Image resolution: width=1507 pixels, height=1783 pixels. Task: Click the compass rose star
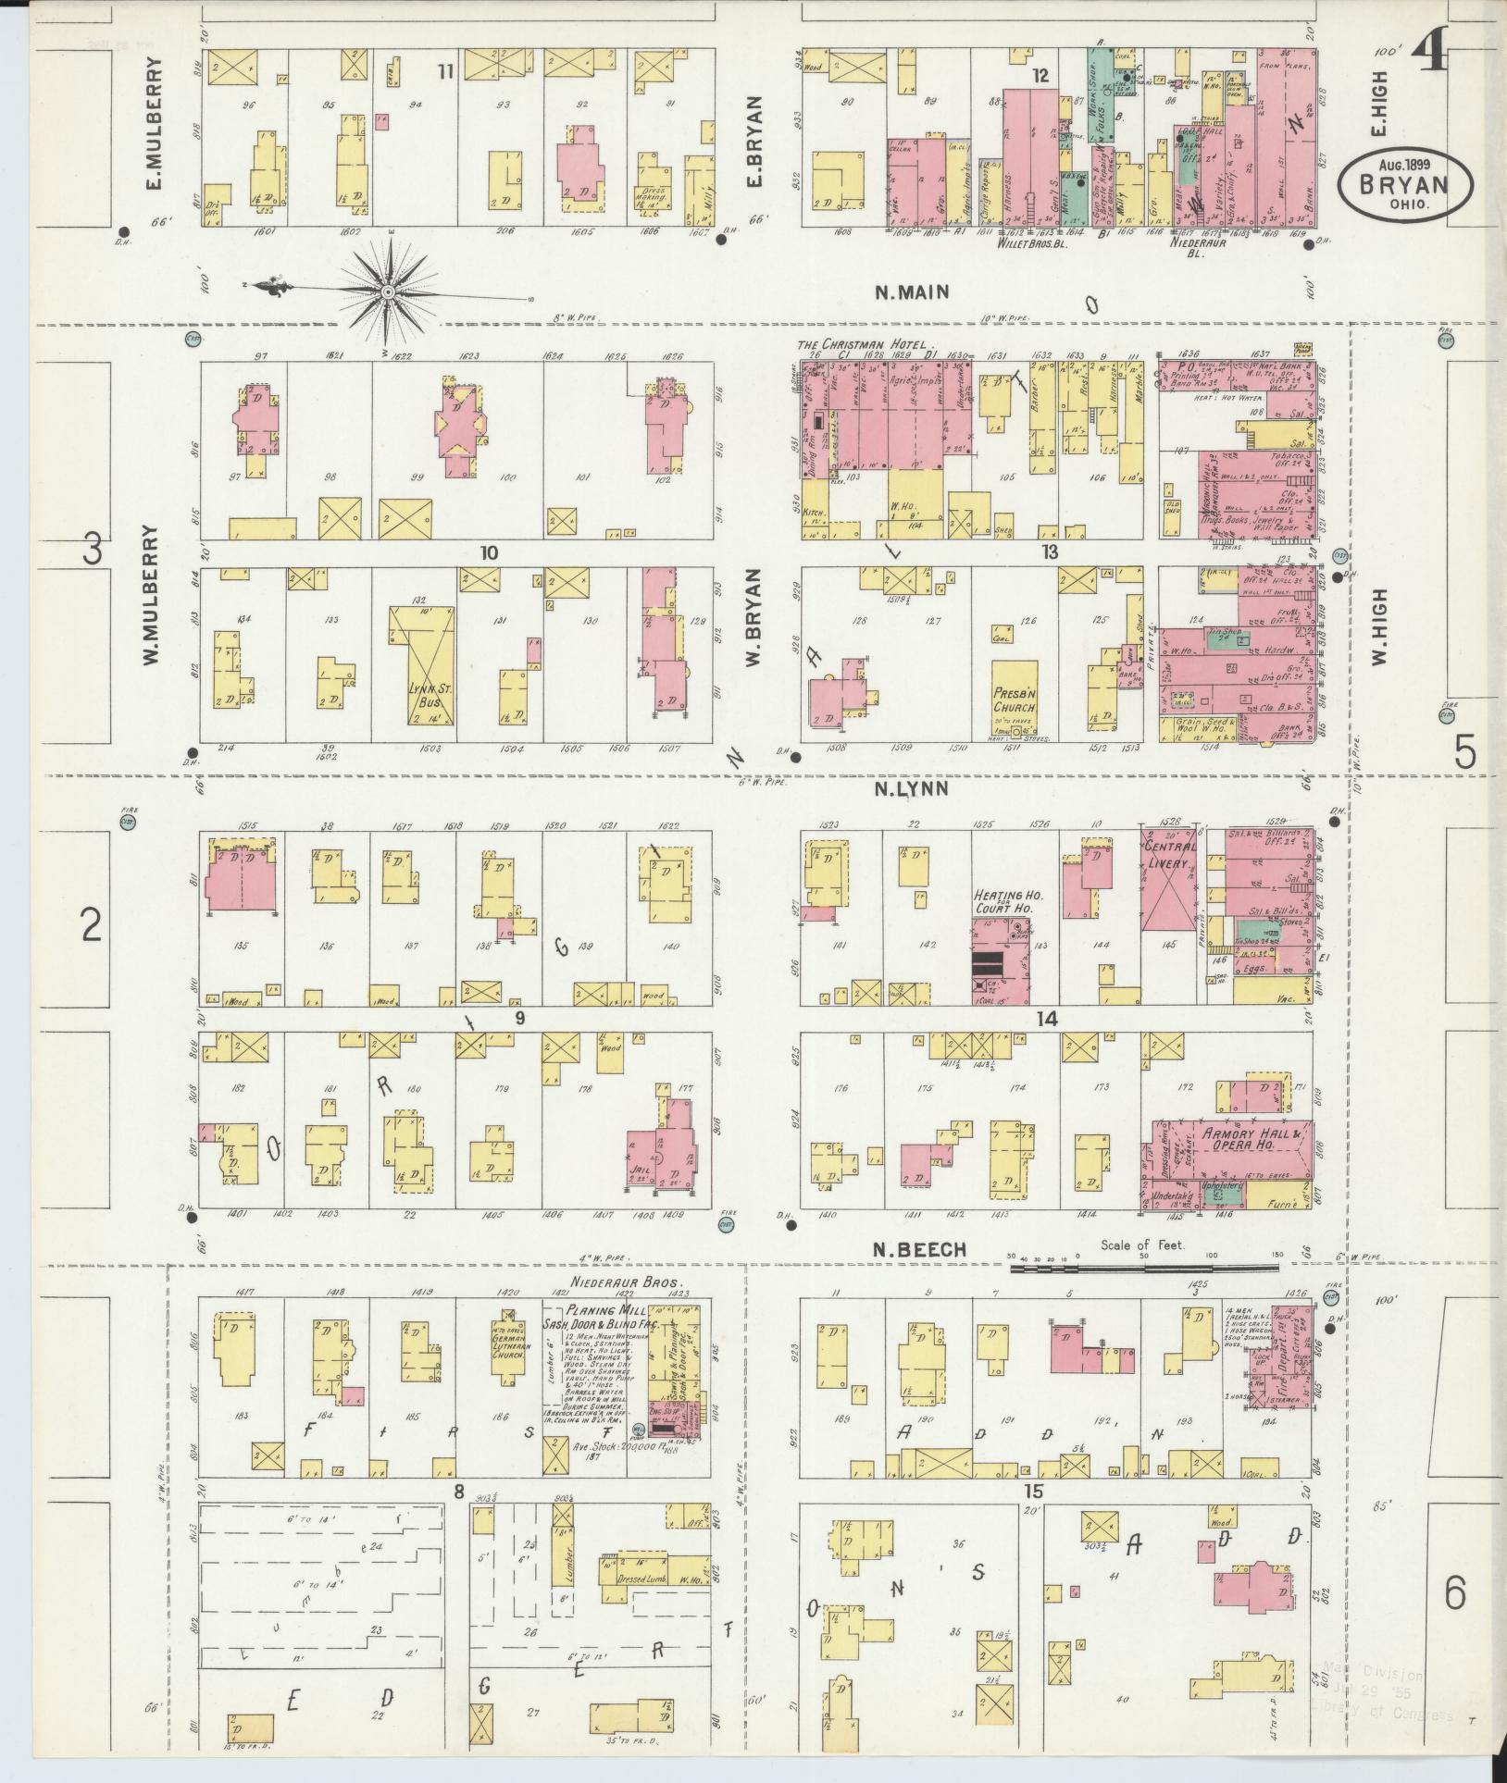388,291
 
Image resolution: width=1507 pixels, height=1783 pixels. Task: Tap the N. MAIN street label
913,292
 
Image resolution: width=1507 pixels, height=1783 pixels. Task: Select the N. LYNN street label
912,788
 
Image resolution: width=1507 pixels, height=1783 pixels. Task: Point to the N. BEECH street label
920,1249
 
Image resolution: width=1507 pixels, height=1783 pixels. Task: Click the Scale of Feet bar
1147,1269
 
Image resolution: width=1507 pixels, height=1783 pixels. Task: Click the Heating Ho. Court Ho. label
1003,903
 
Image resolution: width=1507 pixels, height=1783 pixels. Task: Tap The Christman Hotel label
861,344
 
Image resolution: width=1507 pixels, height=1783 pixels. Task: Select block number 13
1048,552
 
